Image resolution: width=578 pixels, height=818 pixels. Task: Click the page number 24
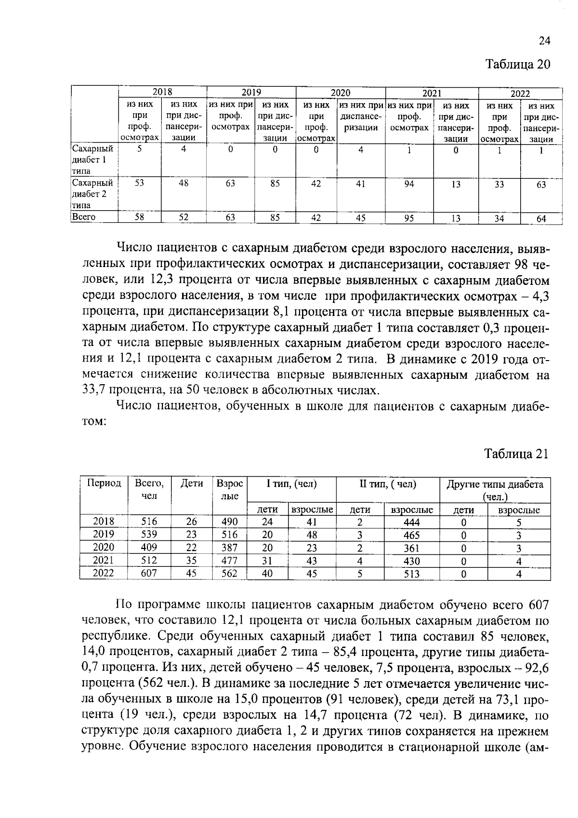544,41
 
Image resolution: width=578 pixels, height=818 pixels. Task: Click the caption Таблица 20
517,65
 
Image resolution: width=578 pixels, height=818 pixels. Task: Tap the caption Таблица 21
516,454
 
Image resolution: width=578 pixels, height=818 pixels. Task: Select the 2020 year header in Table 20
340,93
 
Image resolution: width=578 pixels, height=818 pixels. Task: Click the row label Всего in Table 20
84,217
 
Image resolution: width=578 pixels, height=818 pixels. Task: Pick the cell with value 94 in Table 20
409,184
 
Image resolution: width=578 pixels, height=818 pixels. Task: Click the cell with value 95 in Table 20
409,218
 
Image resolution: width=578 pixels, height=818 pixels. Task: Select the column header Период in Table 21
104,483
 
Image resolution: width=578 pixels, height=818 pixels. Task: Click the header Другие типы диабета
495,484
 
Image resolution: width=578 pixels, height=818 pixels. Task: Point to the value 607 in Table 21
149,573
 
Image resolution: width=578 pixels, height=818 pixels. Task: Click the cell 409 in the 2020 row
149,548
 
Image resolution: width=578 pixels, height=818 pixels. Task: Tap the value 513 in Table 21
411,574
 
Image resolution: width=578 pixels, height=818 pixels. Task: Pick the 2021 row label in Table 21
104,560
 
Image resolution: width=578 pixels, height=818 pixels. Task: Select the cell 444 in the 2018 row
411,522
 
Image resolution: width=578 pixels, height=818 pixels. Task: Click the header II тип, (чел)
387,484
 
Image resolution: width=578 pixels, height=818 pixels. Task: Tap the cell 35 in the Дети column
191,560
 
